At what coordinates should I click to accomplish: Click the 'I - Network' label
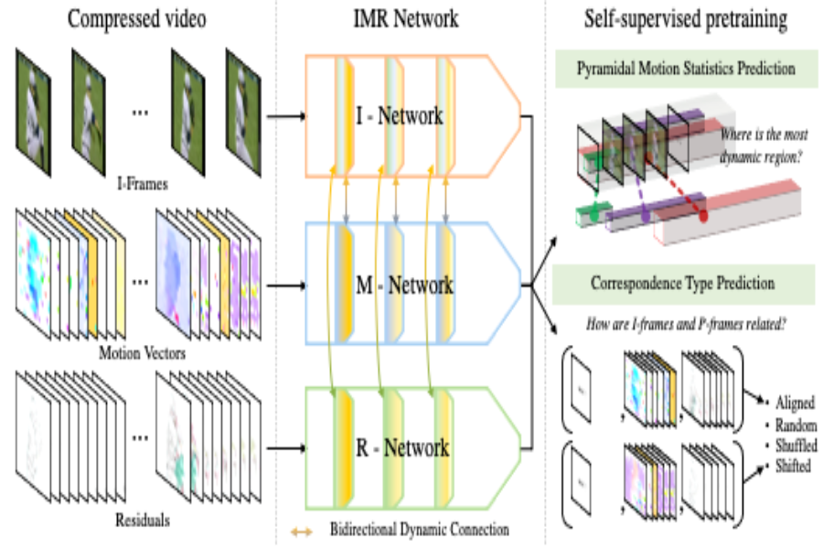point(400,116)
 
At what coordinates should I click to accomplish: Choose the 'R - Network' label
point(402,448)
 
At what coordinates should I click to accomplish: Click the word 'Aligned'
point(793,403)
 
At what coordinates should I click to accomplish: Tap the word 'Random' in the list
point(793,425)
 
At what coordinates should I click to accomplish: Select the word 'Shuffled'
point(793,446)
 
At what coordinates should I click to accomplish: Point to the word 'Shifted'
point(793,467)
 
